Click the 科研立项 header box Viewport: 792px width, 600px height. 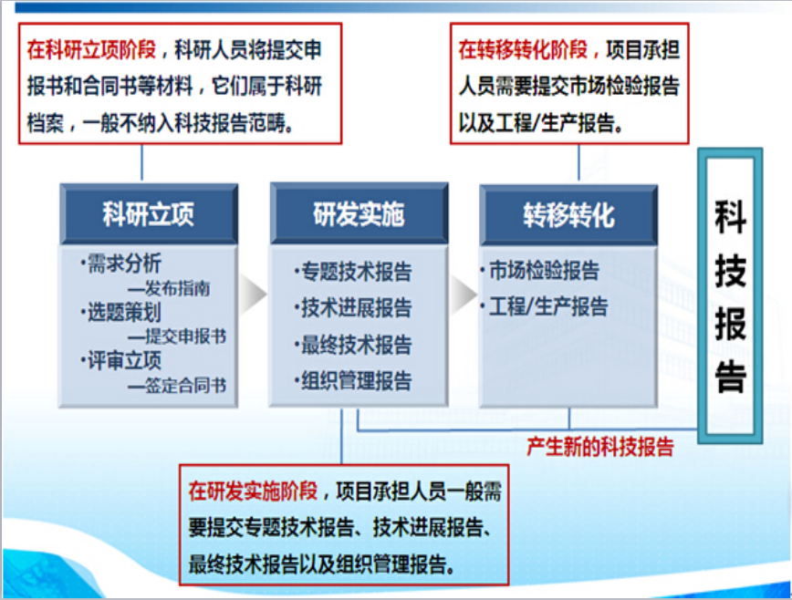[x=149, y=214]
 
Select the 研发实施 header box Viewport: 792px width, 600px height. [x=360, y=213]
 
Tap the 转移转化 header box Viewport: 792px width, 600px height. [x=568, y=215]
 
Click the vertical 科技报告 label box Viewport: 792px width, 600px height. [x=730, y=296]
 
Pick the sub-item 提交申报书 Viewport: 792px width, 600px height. [x=177, y=336]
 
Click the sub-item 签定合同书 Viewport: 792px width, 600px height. [x=177, y=386]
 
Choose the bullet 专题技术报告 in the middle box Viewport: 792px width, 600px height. [x=352, y=272]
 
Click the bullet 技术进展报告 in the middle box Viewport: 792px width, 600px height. [x=352, y=308]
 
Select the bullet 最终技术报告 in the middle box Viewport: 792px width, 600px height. [x=352, y=345]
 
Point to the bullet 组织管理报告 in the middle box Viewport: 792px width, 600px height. [x=352, y=381]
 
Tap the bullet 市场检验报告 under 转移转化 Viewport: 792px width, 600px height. [x=539, y=270]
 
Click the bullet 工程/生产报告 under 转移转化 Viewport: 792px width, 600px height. [x=544, y=306]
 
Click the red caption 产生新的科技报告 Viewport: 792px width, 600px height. [x=600, y=447]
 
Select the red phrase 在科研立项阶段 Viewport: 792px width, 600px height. [x=91, y=49]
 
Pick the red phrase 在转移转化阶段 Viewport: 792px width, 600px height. [x=523, y=49]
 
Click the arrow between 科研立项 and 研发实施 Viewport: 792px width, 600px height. [x=253, y=295]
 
